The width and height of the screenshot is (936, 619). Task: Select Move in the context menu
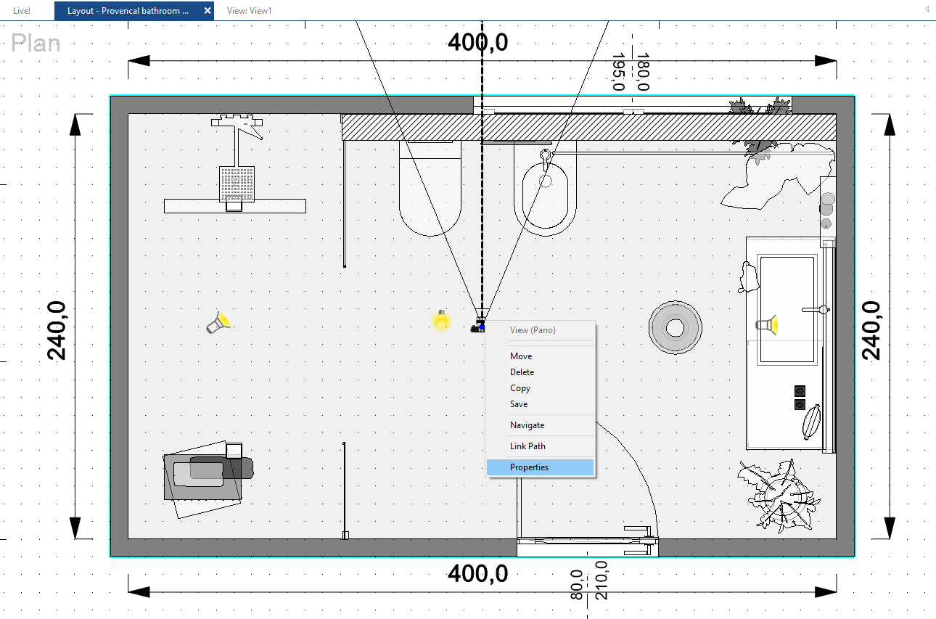point(521,356)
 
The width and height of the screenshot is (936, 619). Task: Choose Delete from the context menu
point(522,372)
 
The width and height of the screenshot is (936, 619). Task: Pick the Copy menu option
point(520,388)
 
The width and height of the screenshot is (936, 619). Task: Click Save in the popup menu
point(519,404)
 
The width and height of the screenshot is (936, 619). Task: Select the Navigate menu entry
point(527,425)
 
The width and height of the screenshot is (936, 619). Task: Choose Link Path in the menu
point(527,446)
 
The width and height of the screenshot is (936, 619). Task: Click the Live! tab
point(22,11)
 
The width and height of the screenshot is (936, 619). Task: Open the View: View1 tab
point(249,11)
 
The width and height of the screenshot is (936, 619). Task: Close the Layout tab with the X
point(208,11)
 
